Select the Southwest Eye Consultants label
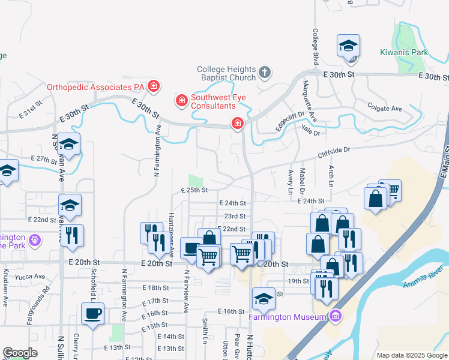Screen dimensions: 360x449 (212, 101)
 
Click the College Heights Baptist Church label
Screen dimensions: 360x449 (226, 74)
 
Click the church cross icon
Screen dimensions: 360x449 (265, 73)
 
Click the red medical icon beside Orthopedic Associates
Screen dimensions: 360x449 (154, 86)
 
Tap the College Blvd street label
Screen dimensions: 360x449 (315, 46)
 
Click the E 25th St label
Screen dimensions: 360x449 (194, 190)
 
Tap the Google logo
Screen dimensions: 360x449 (20, 353)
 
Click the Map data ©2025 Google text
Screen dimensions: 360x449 (411, 355)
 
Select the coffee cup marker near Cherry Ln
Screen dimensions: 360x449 (92, 314)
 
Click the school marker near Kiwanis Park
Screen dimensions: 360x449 (349, 47)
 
